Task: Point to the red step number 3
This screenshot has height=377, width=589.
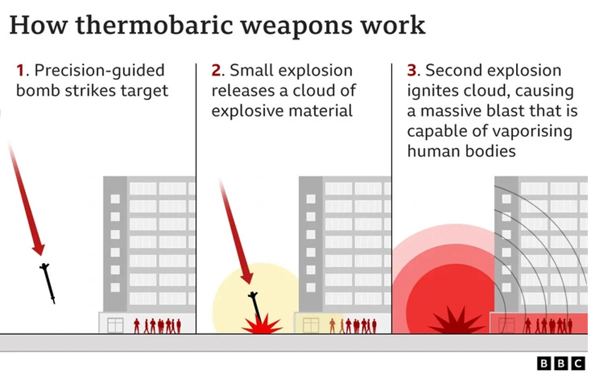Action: (x=412, y=71)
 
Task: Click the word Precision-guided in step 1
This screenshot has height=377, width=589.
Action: (x=99, y=71)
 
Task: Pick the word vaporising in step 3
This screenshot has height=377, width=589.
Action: (x=533, y=131)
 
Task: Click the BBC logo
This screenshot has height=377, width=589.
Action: (x=561, y=363)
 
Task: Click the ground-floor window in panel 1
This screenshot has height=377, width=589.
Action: (x=115, y=325)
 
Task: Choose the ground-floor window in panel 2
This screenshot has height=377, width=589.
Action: (x=310, y=325)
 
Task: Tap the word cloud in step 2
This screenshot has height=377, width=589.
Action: (x=320, y=92)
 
